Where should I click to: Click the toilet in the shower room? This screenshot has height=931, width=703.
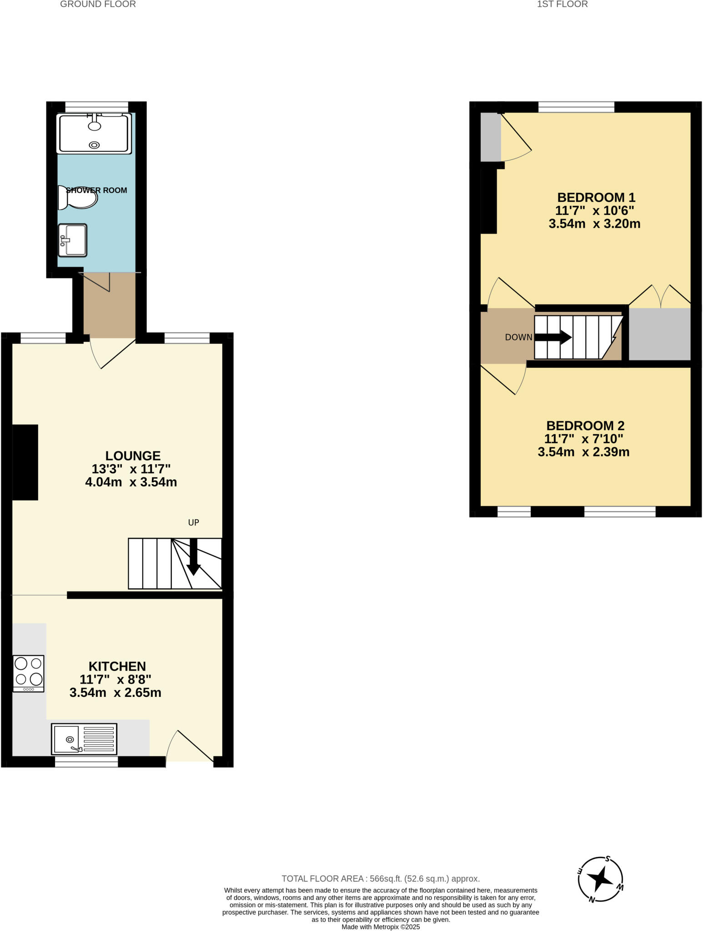pos(78,198)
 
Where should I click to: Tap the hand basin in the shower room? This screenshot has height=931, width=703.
pos(72,240)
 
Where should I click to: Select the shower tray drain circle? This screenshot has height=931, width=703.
pos(94,145)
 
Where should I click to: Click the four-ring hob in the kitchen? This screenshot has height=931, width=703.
pos(29,673)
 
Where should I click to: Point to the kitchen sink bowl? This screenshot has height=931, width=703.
pos(67,739)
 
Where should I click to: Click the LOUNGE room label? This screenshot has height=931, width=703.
pos(133,455)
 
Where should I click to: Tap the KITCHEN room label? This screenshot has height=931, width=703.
pos(117,666)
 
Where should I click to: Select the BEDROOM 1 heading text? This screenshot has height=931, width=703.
pos(596,197)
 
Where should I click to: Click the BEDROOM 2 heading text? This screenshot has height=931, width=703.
pos(585,425)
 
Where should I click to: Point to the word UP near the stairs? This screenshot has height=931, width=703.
pos(194,522)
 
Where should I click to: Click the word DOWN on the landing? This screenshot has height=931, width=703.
pos(518,337)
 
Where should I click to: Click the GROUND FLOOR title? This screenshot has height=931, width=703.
pos(98,4)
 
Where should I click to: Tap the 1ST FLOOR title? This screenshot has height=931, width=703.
pos(562,4)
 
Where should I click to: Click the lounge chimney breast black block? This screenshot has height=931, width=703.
pos(25,462)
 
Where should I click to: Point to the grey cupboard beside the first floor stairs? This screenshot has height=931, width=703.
pos(659,334)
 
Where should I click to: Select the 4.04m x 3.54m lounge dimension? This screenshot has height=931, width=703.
pos(131,482)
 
